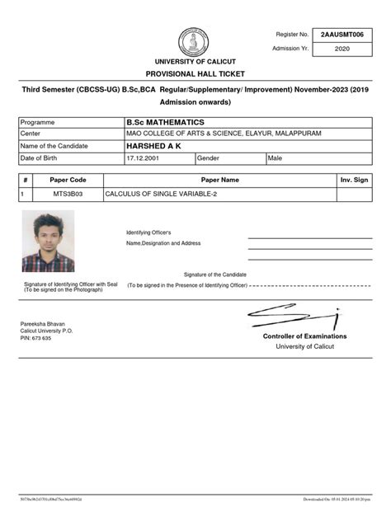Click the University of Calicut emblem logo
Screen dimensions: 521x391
(x=194, y=43)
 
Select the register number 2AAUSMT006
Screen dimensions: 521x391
(x=342, y=34)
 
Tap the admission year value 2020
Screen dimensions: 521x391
(x=342, y=49)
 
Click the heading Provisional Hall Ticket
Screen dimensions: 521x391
(x=195, y=73)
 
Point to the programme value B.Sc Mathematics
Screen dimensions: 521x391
(x=165, y=122)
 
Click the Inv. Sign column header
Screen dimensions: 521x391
(x=354, y=179)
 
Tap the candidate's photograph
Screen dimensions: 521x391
(x=48, y=241)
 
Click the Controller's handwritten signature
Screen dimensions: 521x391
(x=294, y=317)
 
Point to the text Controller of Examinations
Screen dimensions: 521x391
(x=304, y=336)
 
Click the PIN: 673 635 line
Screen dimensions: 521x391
(x=36, y=338)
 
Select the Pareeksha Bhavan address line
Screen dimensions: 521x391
(x=43, y=324)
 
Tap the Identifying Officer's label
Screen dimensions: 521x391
(x=148, y=232)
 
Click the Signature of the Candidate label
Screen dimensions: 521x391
(x=214, y=274)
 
